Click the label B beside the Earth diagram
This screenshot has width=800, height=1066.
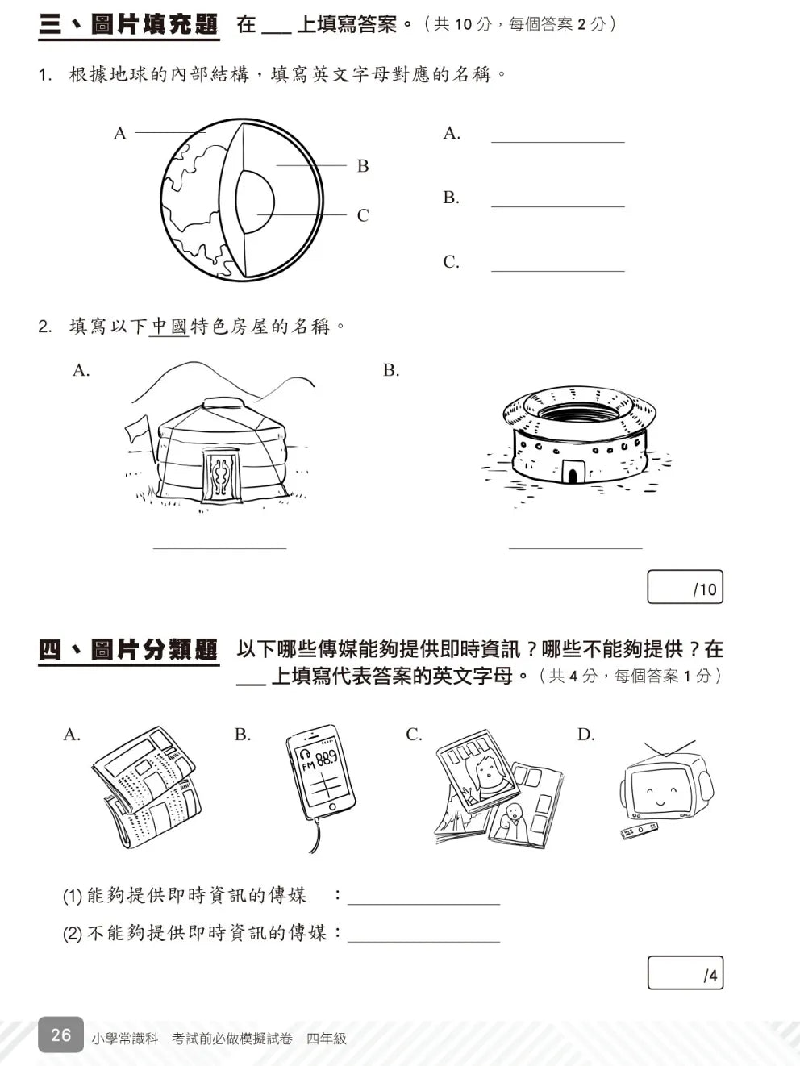(x=363, y=166)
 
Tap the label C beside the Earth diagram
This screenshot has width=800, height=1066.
(x=363, y=215)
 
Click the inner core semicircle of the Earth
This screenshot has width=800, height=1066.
(x=256, y=202)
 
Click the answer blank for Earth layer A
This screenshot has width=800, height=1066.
(x=557, y=137)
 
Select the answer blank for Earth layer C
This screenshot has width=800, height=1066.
(x=557, y=266)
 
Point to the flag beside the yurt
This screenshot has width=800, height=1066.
(x=138, y=428)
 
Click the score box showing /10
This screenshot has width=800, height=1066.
(x=685, y=587)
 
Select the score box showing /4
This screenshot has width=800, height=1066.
(x=685, y=973)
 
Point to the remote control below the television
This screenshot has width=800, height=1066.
(x=639, y=830)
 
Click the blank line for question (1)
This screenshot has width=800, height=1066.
(x=423, y=899)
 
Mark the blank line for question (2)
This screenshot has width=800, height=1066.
(x=423, y=937)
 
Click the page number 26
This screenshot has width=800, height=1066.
(x=60, y=1035)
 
